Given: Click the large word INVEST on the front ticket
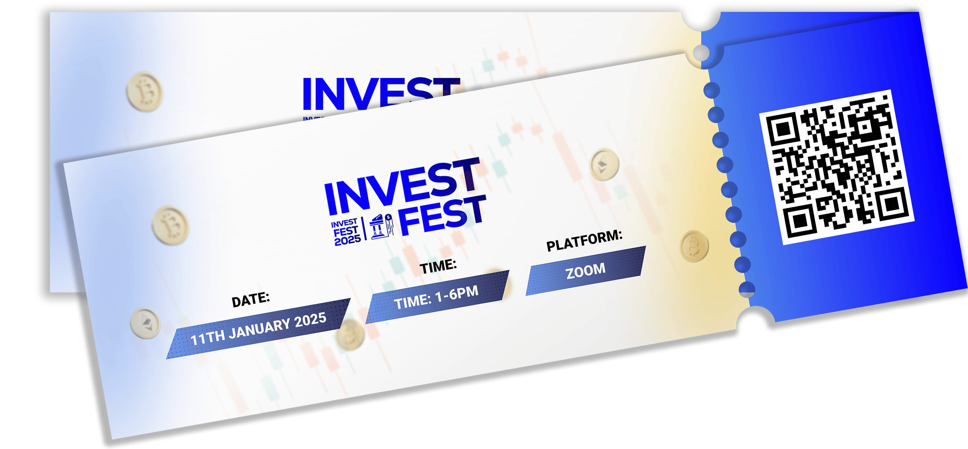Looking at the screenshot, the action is (402, 185).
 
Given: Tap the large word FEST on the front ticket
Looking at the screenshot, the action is (442, 215).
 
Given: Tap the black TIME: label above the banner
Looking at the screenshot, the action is (438, 267).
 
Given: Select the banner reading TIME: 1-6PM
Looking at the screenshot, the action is (438, 297).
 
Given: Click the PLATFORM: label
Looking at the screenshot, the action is (584, 240).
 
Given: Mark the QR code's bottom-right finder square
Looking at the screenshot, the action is (892, 205).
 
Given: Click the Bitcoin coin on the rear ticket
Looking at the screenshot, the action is (144, 92).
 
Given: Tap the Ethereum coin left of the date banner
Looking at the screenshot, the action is (145, 323).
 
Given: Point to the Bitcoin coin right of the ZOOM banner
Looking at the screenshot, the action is (694, 246).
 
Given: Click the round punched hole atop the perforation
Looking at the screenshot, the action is (701, 53).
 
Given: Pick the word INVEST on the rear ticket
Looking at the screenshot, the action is (381, 93).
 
